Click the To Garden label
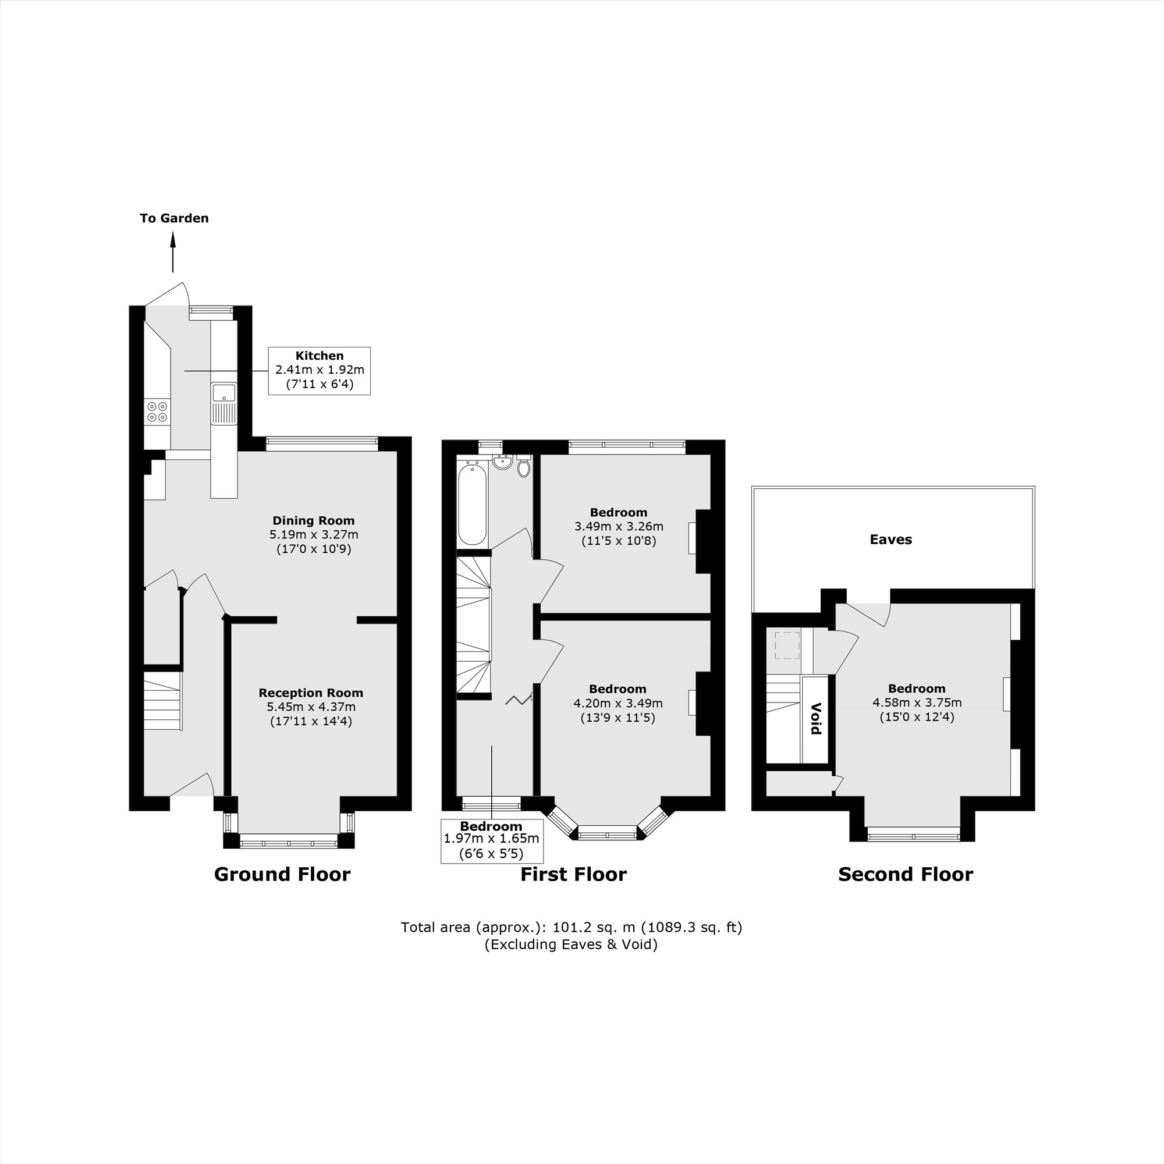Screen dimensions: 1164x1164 pos(174,218)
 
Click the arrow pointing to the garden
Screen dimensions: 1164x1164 pos(173,253)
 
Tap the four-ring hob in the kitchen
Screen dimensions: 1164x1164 pos(157,411)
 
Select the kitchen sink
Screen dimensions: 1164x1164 pos(223,394)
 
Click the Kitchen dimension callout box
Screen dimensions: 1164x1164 pos(320,371)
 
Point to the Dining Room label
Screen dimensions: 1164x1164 pos(313,520)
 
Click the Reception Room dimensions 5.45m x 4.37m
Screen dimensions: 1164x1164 pos(311,707)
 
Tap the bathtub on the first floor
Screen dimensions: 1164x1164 pos(472,503)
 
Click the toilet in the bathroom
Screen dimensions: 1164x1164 pos(524,467)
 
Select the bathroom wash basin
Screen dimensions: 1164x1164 pos(502,463)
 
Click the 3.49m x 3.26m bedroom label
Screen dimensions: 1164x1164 pos(619,526)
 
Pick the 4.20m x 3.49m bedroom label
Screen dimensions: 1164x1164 pos(618,702)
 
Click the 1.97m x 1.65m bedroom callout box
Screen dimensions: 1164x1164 pos(492,840)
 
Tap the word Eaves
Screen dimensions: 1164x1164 pos(890,540)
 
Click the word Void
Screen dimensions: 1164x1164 pos(816,719)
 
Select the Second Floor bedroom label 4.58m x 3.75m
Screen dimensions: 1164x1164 pos(917,702)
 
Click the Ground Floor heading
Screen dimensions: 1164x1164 pos(282,874)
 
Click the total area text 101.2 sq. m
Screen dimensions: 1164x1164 pos(571,927)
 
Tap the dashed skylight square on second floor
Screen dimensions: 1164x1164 pos(787,645)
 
